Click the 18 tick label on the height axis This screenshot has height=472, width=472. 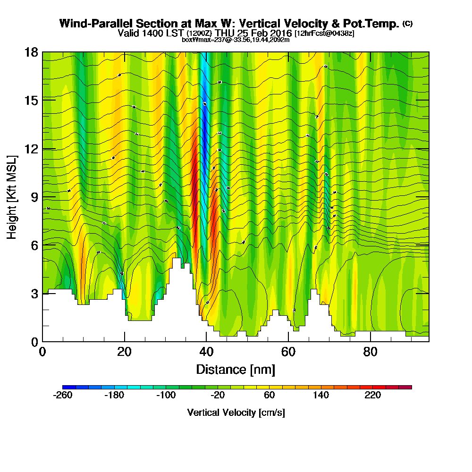click(x=31, y=52)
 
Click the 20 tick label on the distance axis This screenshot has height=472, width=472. click(x=124, y=352)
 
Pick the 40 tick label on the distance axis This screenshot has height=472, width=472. click(x=206, y=352)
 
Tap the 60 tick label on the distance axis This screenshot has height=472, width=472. click(x=288, y=352)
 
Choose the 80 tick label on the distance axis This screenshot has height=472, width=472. click(x=371, y=352)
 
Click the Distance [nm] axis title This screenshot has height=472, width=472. click(x=236, y=369)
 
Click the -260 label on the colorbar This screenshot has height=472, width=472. click(x=63, y=396)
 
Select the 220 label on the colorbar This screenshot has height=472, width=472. click(x=373, y=396)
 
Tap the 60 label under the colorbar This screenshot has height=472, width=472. click(x=270, y=396)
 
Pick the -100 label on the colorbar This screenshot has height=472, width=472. click(x=166, y=396)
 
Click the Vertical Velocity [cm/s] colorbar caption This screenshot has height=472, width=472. click(x=236, y=413)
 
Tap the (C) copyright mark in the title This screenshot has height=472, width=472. click(x=407, y=24)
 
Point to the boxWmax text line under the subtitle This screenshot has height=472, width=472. click(x=236, y=40)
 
